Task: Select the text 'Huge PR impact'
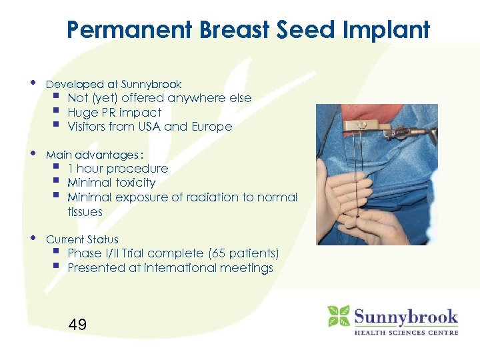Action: (114, 113)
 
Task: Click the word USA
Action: (149, 127)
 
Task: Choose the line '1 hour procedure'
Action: (117, 169)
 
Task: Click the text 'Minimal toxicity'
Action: (111, 183)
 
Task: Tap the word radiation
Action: (217, 197)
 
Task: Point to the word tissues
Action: (85, 212)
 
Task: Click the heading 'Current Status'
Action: (82, 239)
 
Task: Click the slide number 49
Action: (77, 325)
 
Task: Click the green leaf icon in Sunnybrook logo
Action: (339, 316)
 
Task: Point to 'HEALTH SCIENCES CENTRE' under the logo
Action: (406, 332)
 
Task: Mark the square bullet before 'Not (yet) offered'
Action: (59, 98)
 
